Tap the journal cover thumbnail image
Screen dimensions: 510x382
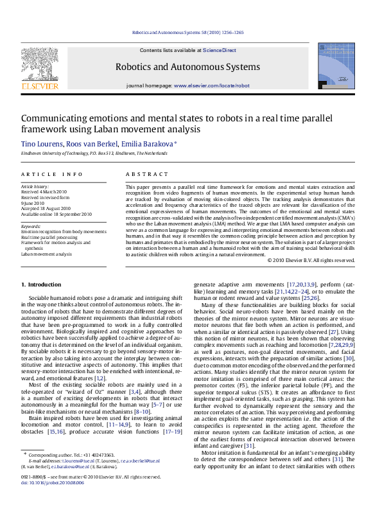(336, 66)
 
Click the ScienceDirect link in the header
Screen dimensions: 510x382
(219, 49)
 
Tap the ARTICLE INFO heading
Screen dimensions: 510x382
(51, 174)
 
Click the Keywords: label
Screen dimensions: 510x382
(31, 226)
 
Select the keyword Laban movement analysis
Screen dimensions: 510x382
(46, 254)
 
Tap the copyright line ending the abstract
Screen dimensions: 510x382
(311, 260)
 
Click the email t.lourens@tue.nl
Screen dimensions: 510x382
(77, 479)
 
